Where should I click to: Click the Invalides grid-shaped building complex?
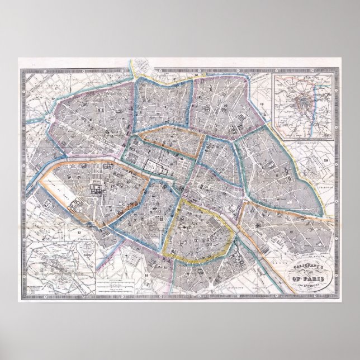(94, 190)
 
